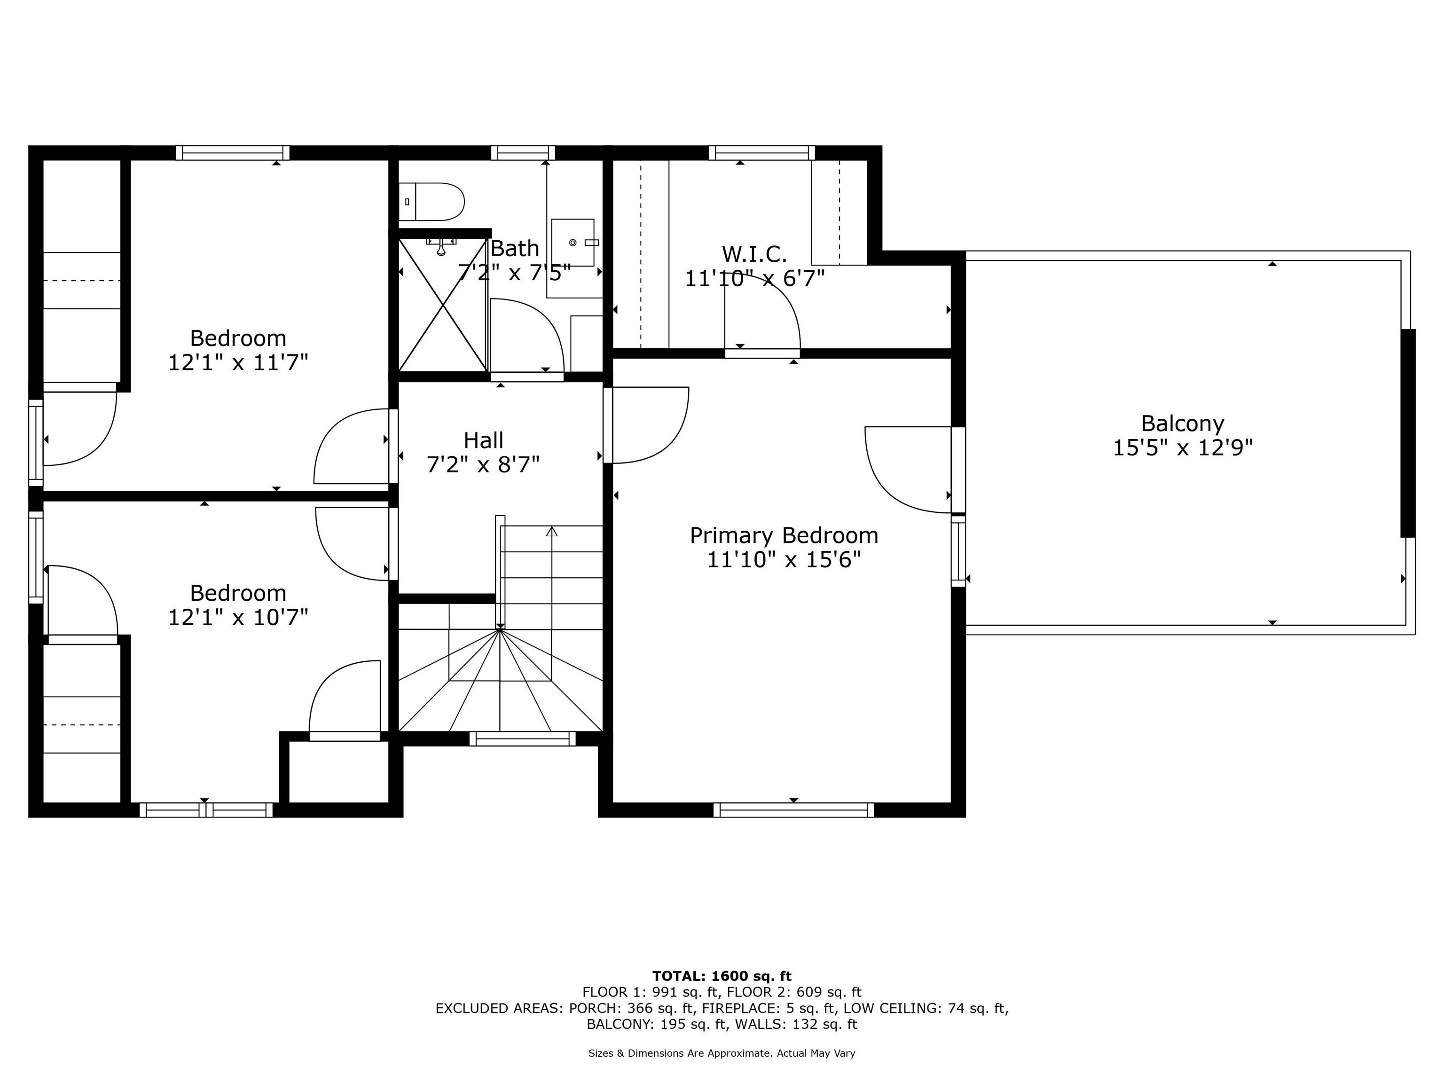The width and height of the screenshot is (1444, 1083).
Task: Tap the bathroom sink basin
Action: pyautogui.click(x=573, y=242)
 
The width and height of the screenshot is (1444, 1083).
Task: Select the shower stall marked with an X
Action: pyautogui.click(x=443, y=305)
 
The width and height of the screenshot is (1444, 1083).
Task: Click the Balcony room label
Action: pyautogui.click(x=1182, y=424)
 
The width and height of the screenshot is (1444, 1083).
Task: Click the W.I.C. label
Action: pyautogui.click(x=754, y=253)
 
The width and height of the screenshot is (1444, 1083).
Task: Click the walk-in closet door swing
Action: pyautogui.click(x=762, y=312)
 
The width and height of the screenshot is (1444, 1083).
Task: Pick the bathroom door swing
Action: pyautogui.click(x=526, y=336)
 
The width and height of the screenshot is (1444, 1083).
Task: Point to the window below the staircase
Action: pyautogui.click(x=522, y=738)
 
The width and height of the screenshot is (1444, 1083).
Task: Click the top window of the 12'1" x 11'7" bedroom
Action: pyautogui.click(x=232, y=153)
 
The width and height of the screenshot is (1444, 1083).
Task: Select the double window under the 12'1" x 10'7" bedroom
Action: pyautogui.click(x=206, y=810)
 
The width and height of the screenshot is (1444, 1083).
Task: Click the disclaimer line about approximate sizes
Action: pyautogui.click(x=722, y=1053)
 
